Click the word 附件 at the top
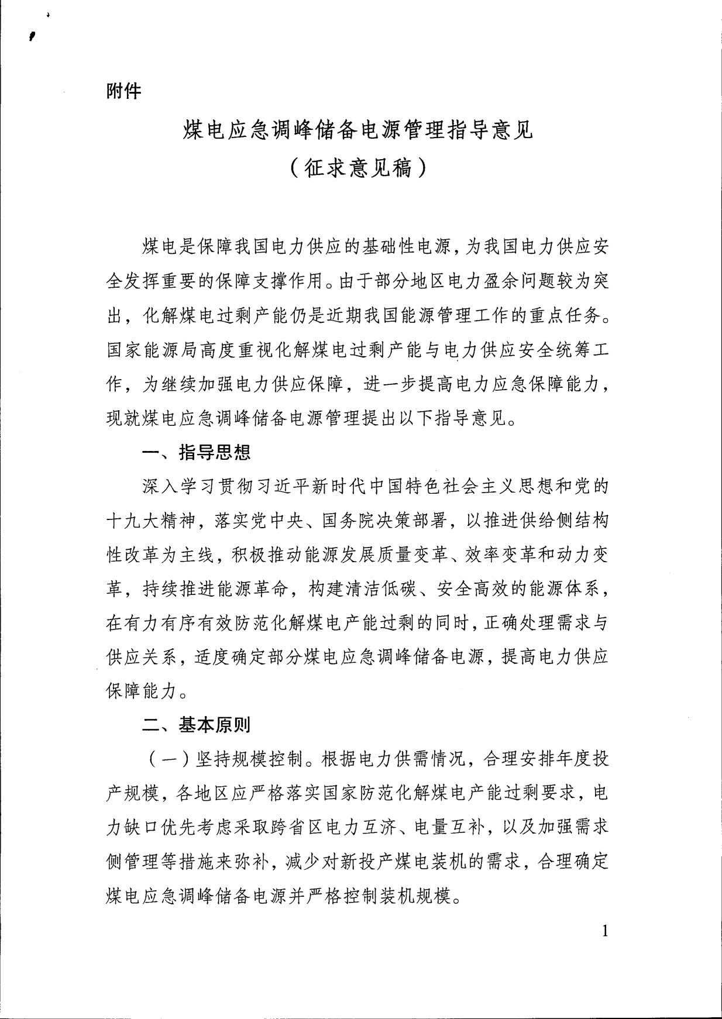point(123,91)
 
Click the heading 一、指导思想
point(197,452)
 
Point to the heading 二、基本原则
point(197,725)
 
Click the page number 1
point(605,931)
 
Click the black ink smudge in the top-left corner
point(33,36)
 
